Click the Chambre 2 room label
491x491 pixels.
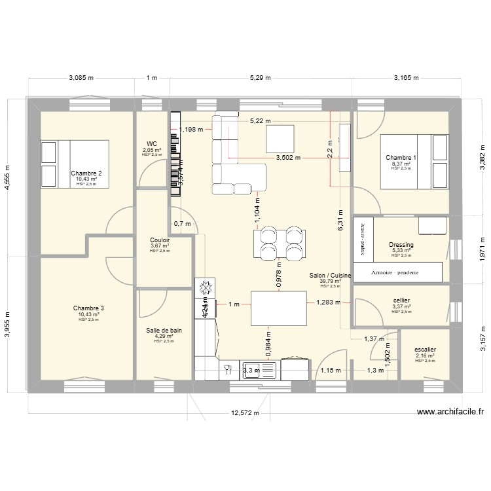tap(86, 173)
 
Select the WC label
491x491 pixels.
tap(152, 143)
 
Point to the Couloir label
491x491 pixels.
tap(160, 240)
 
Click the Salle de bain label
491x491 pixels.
tap(164, 331)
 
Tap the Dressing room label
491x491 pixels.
tap(401, 245)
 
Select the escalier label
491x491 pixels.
tap(425, 350)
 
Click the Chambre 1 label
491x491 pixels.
tap(401, 158)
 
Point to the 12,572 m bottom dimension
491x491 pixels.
tap(245, 413)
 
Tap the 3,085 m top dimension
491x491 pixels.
tap(81, 78)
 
